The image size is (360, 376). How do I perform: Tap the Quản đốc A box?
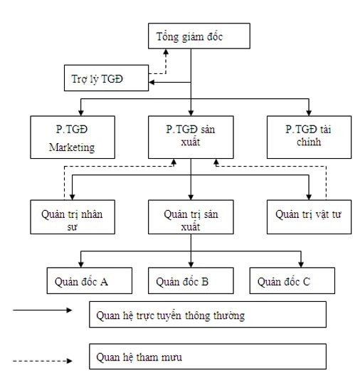[x=82, y=281]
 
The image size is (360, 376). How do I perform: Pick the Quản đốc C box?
[x=292, y=281]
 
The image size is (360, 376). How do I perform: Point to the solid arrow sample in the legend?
[x=43, y=310]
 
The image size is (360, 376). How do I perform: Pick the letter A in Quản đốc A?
[x=104, y=281]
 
